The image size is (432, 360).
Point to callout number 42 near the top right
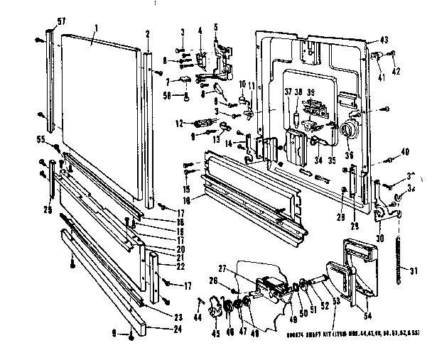pyautogui.click(x=396, y=71)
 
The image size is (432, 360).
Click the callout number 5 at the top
pyautogui.click(x=217, y=27)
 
